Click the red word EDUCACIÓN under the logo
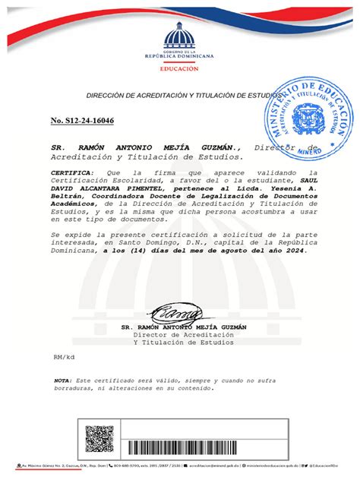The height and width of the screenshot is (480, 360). [x=179, y=68]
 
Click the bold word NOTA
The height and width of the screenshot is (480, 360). [x=62, y=379]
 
